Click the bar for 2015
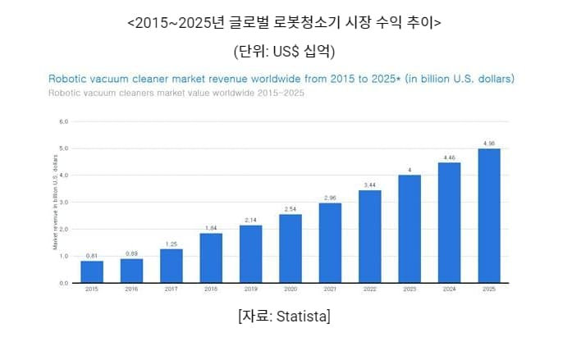[92, 271]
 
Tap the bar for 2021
[330, 243]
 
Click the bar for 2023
[410, 229]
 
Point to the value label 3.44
[370, 185]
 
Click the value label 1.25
[172, 244]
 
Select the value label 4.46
[449, 157]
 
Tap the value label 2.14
[251, 220]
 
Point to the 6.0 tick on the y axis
[63, 121]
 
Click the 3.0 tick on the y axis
[63, 202]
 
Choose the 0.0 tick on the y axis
[63, 283]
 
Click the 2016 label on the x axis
[131, 289]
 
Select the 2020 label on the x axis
[291, 289]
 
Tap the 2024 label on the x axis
[449, 289]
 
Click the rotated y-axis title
[54, 202]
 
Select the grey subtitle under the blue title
[176, 92]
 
